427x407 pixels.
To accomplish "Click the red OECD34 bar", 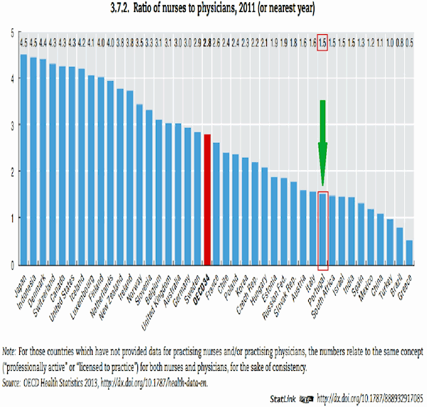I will tap(207, 199).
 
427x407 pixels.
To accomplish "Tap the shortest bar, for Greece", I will tap(409, 252).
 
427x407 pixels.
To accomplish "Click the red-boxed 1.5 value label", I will tap(322, 42).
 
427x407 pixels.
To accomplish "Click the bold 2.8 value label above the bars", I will tap(207, 42).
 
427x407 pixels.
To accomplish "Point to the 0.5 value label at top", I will tap(409, 42).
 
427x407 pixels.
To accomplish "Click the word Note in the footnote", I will tap(11, 351).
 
